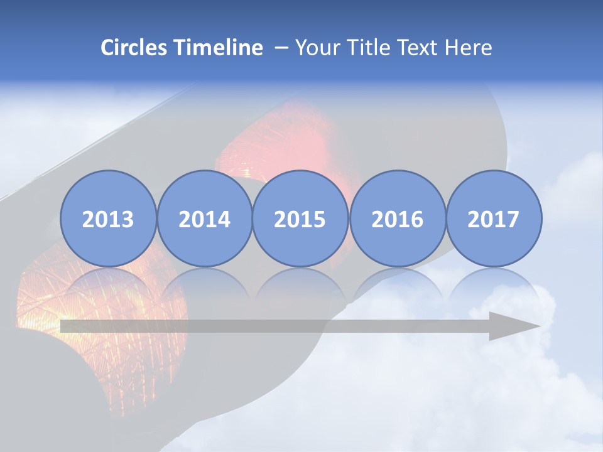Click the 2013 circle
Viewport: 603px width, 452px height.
coord(108,218)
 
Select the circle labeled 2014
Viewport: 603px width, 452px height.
coord(205,218)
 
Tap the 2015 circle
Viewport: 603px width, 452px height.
coord(300,218)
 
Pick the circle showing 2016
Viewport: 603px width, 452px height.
coord(397,218)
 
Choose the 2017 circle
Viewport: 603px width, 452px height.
coord(494,218)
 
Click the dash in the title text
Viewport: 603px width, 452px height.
coord(281,48)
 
